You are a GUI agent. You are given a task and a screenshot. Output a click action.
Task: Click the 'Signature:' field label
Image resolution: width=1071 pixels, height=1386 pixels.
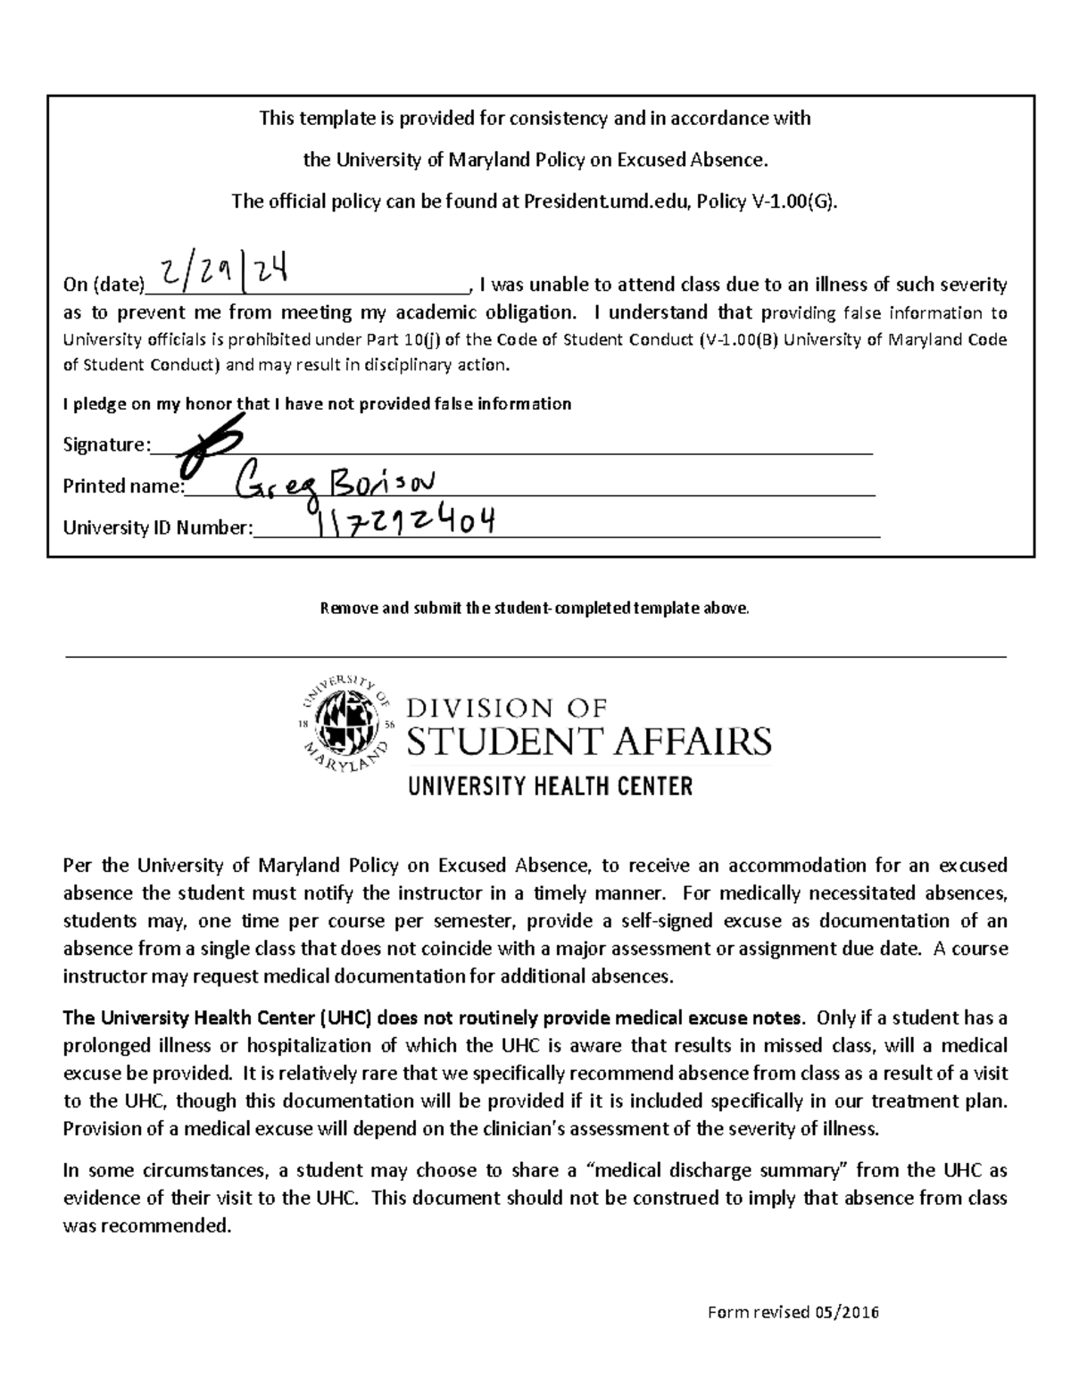tap(106, 444)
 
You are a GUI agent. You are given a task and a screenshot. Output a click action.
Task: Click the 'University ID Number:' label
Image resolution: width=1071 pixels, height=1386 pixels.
tap(158, 527)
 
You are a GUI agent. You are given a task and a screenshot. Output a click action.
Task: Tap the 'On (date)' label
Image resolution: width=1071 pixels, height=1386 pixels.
tap(103, 286)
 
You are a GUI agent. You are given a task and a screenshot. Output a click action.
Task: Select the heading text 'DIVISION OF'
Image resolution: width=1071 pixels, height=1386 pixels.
tap(507, 709)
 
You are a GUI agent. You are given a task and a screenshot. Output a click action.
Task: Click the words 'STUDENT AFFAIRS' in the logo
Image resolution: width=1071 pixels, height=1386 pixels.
tap(589, 742)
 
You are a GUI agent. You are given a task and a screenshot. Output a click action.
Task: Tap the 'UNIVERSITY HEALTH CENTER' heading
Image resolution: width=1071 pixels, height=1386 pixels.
tap(550, 786)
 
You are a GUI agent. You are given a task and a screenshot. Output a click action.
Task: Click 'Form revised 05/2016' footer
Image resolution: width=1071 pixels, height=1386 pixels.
tap(793, 1312)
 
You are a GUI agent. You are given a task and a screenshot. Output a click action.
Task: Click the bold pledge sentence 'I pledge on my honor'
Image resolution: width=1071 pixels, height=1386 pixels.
tap(317, 404)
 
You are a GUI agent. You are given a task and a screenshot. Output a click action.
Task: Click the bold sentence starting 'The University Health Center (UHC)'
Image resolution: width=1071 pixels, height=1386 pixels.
tap(434, 1018)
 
